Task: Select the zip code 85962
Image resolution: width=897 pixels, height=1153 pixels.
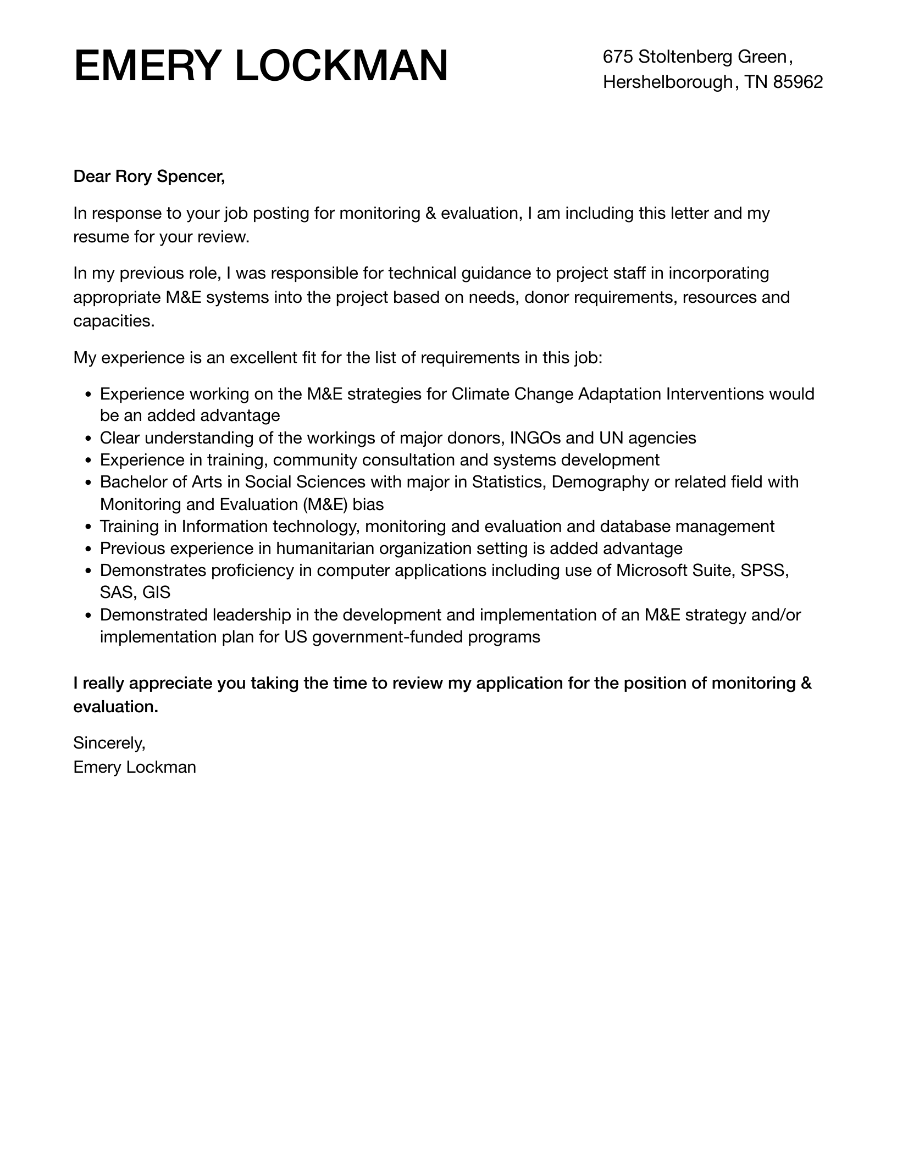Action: click(798, 82)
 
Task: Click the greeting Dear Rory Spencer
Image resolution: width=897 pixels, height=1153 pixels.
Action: click(149, 176)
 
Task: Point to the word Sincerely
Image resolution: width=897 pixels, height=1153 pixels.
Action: click(109, 743)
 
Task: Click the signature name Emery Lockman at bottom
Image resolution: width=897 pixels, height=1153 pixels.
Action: click(134, 767)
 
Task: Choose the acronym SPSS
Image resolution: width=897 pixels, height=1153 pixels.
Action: click(765, 570)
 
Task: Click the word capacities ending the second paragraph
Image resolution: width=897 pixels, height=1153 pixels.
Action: click(113, 321)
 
